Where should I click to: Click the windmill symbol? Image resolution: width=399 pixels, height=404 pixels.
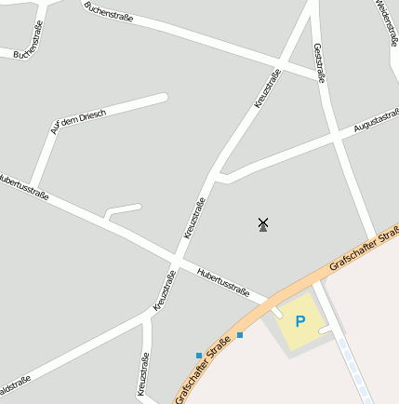click(x=263, y=223)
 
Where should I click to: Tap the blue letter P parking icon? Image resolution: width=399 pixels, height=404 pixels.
click(x=299, y=321)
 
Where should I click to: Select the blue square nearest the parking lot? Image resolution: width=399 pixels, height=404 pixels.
click(x=240, y=335)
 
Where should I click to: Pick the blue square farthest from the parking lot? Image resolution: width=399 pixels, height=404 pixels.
click(x=198, y=355)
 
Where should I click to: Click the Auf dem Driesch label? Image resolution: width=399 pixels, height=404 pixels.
click(x=79, y=122)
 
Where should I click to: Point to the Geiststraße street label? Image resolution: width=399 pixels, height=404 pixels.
click(x=318, y=63)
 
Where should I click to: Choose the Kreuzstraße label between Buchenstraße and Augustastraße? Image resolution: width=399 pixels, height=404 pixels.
click(x=268, y=89)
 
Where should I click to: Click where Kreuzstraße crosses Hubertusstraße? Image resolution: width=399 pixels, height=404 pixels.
click(x=176, y=257)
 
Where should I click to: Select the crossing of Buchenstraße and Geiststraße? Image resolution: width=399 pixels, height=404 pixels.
click(x=315, y=73)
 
